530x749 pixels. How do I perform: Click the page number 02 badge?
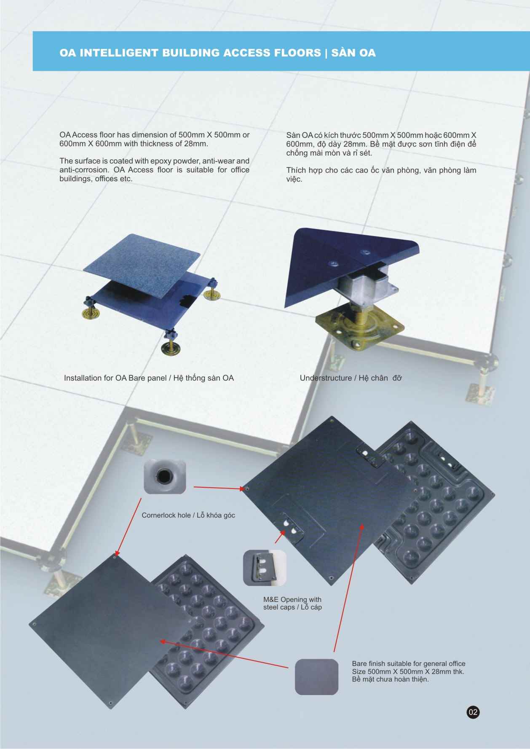click(473, 712)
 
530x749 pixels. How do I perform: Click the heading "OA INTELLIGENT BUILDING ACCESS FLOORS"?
click(190, 53)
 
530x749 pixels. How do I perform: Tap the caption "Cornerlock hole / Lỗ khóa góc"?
click(188, 515)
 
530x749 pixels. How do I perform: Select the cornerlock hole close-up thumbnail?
click(165, 476)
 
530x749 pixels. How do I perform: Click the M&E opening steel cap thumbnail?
click(265, 567)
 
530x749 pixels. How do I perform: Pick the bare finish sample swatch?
click(316, 677)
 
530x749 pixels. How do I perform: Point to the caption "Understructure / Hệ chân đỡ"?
click(351, 378)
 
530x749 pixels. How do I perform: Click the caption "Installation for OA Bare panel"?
click(115, 378)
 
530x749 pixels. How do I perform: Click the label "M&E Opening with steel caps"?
click(292, 603)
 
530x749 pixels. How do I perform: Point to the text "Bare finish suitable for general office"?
click(409, 663)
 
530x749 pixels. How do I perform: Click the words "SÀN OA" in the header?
click(353, 53)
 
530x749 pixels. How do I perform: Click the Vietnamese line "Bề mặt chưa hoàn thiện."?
click(390, 679)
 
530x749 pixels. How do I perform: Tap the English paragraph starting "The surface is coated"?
click(154, 169)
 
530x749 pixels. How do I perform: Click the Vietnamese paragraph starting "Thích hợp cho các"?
click(381, 174)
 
